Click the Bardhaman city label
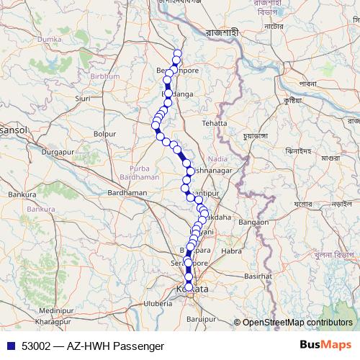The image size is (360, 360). (x=127, y=193)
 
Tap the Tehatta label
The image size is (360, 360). (x=214, y=123)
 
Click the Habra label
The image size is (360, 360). (x=232, y=251)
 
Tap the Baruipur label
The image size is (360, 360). (x=201, y=318)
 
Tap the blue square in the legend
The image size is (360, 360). (x=10, y=346)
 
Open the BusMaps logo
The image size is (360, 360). (x=325, y=345)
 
